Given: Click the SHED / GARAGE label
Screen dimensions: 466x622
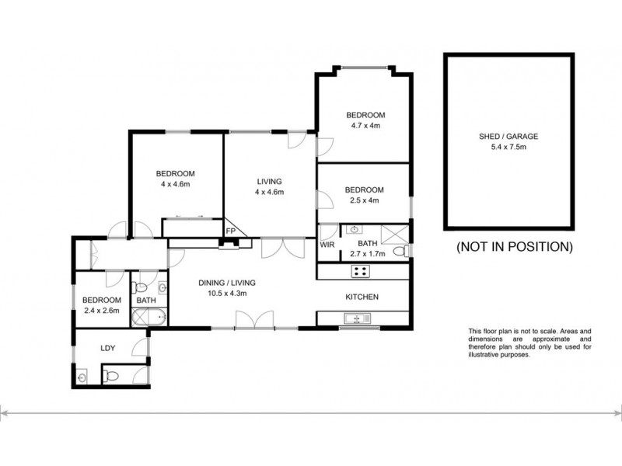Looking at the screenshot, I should (x=508, y=136).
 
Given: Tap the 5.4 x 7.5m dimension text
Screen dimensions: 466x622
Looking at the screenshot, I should (x=508, y=147).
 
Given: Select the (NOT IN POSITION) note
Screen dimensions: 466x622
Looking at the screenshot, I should (x=514, y=248).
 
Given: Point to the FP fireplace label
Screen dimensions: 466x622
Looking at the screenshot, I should (x=230, y=231).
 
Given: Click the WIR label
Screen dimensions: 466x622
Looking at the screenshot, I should (x=327, y=245).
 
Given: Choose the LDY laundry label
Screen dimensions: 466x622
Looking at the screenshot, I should (x=107, y=348).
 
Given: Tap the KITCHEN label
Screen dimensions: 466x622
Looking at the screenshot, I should (x=362, y=297).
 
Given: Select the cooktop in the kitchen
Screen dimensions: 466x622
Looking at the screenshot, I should (x=361, y=271).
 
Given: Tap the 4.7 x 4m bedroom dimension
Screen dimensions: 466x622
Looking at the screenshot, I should (x=365, y=126).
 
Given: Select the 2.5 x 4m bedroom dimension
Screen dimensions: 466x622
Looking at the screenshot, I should (x=365, y=200).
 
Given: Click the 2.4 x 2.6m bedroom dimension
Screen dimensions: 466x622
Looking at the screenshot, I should (x=102, y=311).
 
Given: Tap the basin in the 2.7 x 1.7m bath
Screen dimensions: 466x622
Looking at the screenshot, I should (x=355, y=230).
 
